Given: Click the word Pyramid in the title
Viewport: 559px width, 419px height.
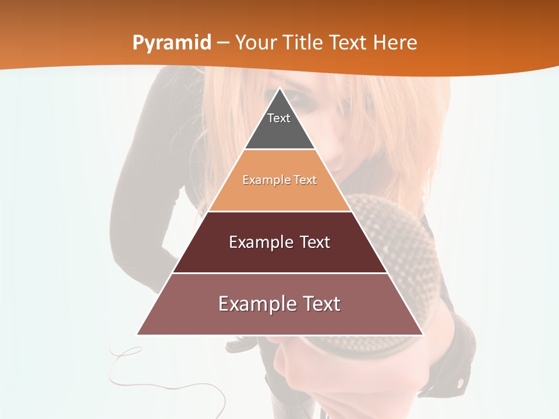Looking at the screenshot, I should pyautogui.click(x=172, y=43).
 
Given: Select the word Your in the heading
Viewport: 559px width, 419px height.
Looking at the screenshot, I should pyautogui.click(x=255, y=42).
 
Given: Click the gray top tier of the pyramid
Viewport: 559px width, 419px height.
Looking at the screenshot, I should pyautogui.click(x=279, y=131).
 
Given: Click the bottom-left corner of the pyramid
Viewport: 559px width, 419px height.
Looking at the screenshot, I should pyautogui.click(x=138, y=334).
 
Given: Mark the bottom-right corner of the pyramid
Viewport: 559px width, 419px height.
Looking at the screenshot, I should pyautogui.click(x=422, y=334).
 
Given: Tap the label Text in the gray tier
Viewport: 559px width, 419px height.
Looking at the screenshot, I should pyautogui.click(x=279, y=118).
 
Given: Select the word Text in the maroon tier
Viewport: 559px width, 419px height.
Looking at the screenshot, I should pyautogui.click(x=311, y=242).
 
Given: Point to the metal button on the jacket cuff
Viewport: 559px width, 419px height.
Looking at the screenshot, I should pyautogui.click(x=461, y=382).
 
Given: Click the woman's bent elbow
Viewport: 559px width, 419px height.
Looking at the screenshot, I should pyautogui.click(x=119, y=244).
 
